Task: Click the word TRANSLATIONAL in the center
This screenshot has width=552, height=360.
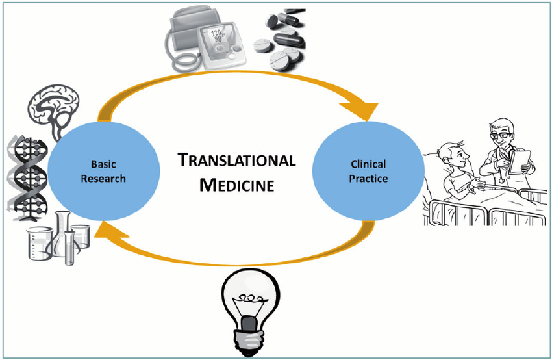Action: click(x=237, y=161)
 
